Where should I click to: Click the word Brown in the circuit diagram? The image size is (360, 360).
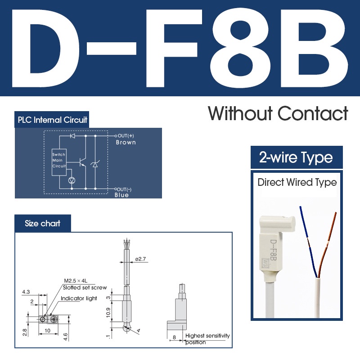[x=126, y=143]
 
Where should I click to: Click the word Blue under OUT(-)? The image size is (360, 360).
[x=121, y=195]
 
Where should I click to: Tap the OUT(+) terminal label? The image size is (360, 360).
[x=126, y=135]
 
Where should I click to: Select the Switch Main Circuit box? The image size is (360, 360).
[x=59, y=160]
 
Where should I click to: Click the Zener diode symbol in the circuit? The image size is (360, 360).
[x=95, y=165]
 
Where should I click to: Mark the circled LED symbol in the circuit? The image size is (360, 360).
[x=71, y=180]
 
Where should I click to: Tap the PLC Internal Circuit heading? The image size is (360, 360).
[x=52, y=120]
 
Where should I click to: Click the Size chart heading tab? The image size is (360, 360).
[x=43, y=224]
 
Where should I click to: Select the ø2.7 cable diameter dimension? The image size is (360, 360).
[x=141, y=259]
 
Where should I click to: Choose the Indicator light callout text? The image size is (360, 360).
[x=79, y=298]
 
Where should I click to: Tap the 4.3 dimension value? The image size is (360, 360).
[x=26, y=292]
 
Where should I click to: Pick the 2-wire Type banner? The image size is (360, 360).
[x=296, y=158]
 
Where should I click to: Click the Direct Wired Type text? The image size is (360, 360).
[x=297, y=182]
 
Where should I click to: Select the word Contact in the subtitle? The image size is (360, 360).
[x=313, y=113]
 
